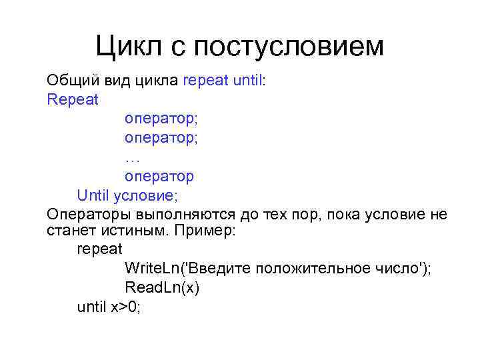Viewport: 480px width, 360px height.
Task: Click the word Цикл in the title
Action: click(127, 46)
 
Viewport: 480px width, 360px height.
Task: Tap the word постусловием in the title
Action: click(289, 46)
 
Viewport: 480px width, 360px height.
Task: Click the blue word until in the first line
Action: click(249, 81)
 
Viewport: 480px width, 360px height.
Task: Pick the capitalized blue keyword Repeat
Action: click(73, 101)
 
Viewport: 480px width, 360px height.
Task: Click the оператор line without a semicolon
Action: click(159, 177)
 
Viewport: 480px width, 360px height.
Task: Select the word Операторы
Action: click(89, 215)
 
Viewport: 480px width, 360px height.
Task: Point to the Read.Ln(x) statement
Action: click(162, 288)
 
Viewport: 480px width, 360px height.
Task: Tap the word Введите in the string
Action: click(223, 269)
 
